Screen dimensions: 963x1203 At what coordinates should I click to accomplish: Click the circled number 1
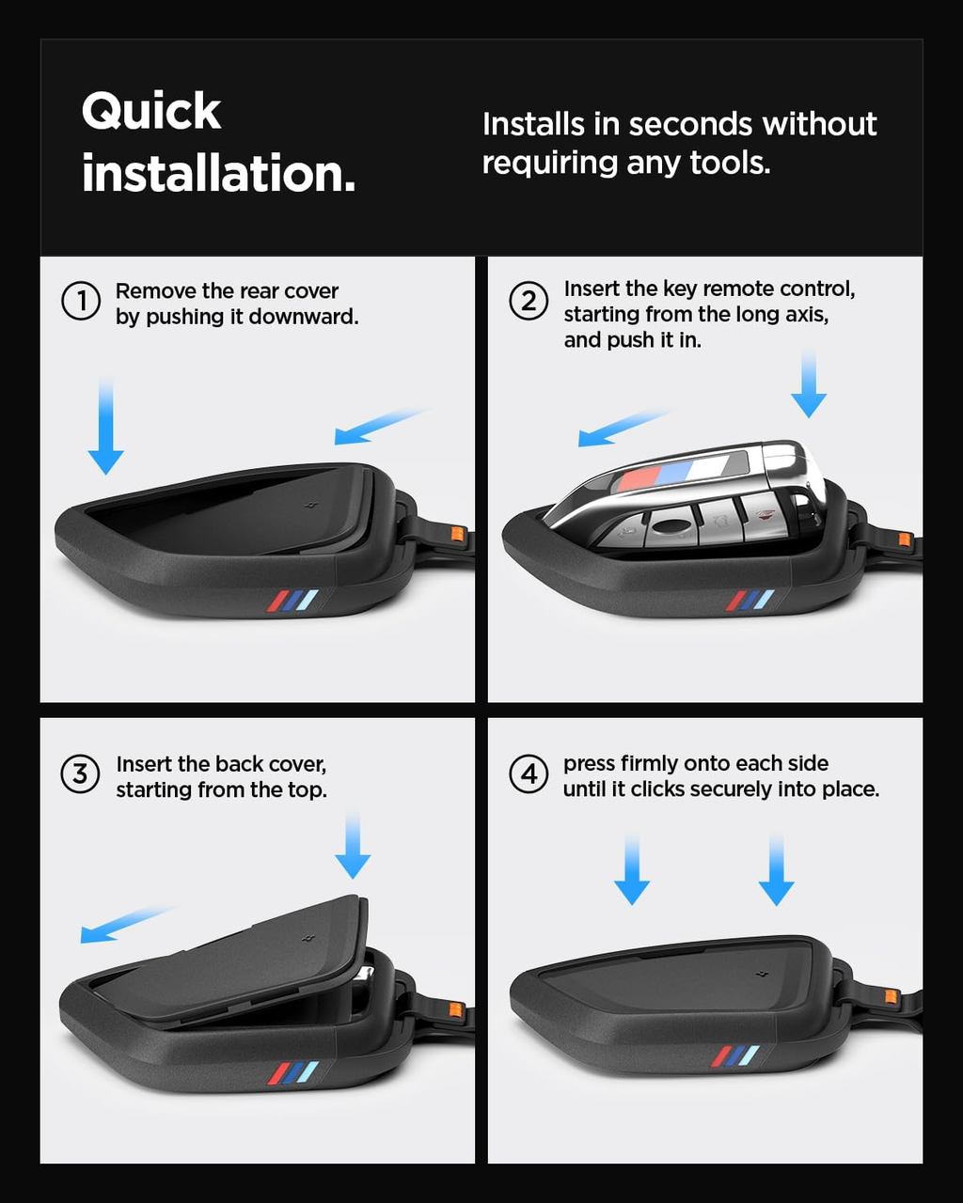click(81, 301)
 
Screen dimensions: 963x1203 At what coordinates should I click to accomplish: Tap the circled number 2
click(529, 301)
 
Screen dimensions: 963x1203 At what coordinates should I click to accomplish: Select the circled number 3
click(80, 774)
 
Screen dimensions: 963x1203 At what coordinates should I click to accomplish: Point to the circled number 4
click(529, 774)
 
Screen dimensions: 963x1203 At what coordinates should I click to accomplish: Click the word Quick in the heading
click(151, 112)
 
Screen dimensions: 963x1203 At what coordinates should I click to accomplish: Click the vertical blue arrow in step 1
click(105, 426)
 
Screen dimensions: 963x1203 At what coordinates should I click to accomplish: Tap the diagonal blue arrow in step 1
click(382, 427)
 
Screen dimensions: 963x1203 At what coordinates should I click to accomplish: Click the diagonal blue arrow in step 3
click(126, 925)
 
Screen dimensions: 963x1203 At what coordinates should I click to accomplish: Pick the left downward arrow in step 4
click(632, 869)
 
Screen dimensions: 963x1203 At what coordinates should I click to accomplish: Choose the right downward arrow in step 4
click(776, 870)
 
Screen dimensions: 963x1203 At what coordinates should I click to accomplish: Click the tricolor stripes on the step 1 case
click(292, 601)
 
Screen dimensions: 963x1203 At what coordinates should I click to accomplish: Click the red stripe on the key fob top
click(639, 479)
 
